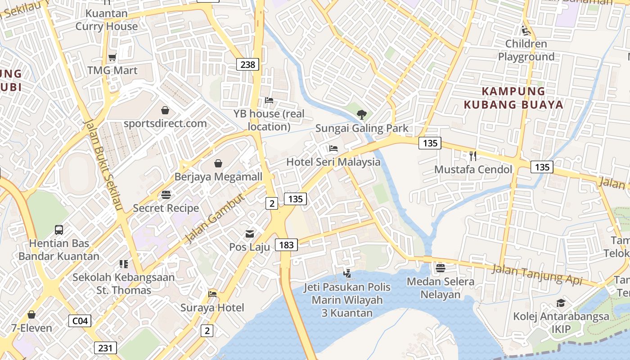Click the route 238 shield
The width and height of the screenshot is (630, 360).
(247, 64)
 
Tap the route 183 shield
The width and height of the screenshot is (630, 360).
(286, 245)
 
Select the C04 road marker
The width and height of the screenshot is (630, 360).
(80, 321)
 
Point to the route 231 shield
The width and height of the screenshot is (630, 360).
(105, 348)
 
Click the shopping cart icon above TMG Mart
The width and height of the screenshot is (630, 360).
(112, 57)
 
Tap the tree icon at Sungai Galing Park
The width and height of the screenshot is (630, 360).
(361, 115)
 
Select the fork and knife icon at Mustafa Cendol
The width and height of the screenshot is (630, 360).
(473, 156)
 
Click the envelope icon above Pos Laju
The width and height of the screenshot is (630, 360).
(250, 234)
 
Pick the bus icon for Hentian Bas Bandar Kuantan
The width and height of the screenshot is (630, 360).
(59, 230)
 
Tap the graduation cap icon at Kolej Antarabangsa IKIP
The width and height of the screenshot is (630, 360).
(561, 303)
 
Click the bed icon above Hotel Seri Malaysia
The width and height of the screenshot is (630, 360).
(333, 148)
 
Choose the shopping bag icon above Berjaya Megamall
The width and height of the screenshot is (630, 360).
(218, 163)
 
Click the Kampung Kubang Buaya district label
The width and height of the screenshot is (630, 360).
(513, 98)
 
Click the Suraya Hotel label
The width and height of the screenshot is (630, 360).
(212, 308)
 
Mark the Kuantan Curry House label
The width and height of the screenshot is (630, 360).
(107, 20)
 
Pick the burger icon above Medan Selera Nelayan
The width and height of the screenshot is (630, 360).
(440, 268)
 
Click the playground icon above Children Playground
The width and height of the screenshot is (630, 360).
(526, 31)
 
